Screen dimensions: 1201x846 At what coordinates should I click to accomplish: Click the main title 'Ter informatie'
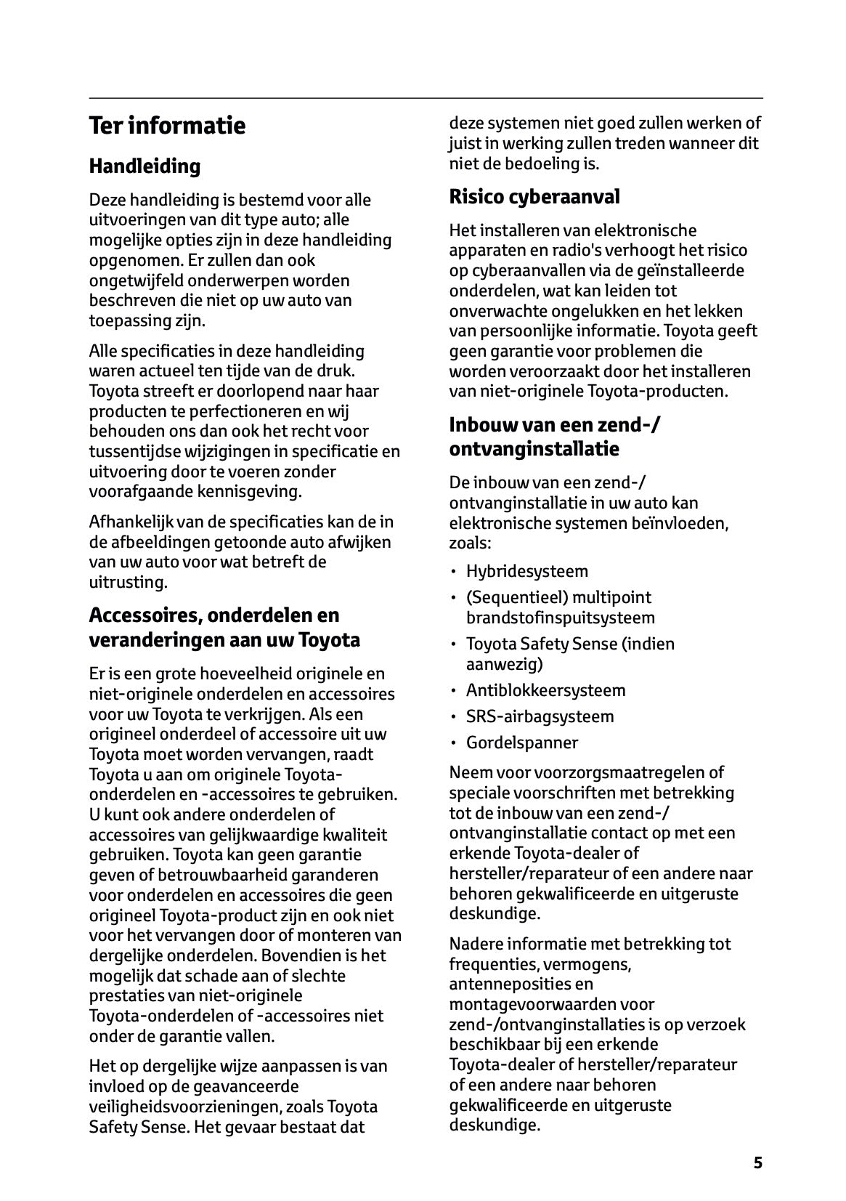(167, 126)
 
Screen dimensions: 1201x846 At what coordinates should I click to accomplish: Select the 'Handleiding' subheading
(145, 166)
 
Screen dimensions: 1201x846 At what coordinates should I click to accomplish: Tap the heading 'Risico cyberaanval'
(534, 197)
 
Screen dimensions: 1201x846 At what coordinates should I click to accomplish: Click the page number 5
(757, 1162)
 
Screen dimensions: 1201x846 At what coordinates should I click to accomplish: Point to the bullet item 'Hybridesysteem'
(526, 571)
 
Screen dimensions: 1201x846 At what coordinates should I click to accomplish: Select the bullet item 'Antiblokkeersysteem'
(545, 690)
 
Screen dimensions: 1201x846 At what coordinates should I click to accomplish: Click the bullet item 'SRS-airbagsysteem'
(540, 716)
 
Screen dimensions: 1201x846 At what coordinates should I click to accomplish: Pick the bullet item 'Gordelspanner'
(521, 743)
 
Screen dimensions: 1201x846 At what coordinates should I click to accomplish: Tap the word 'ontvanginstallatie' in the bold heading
(534, 449)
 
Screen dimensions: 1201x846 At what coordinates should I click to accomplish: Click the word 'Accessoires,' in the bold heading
(145, 615)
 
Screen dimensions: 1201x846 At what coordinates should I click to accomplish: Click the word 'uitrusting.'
(128, 582)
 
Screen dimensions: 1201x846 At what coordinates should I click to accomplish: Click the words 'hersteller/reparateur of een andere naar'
(601, 873)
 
